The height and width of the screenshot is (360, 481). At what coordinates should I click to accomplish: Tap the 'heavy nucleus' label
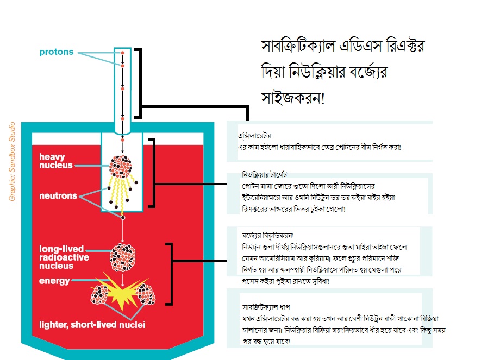pos(55,161)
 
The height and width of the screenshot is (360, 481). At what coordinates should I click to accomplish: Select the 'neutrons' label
pos(58,195)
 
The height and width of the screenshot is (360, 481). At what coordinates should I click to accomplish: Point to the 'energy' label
pos(54,281)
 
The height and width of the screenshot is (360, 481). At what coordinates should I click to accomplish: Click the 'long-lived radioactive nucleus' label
pos(64,257)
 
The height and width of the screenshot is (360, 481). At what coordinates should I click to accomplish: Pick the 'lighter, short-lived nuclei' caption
pos(92,325)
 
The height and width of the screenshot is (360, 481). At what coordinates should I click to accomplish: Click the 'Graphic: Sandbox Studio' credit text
pos(13,161)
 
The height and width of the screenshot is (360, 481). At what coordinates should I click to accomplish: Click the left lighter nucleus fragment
pos(102,295)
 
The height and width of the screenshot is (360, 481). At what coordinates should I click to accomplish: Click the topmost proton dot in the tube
pos(123,53)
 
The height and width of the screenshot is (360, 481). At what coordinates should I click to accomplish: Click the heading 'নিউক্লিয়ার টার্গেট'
pos(267,176)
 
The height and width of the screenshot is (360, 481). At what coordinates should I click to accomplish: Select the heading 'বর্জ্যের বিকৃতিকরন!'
pos(268,236)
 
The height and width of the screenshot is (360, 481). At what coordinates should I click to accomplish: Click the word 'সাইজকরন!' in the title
pos(292,99)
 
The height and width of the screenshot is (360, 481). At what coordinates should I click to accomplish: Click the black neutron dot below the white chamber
pos(123,217)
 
